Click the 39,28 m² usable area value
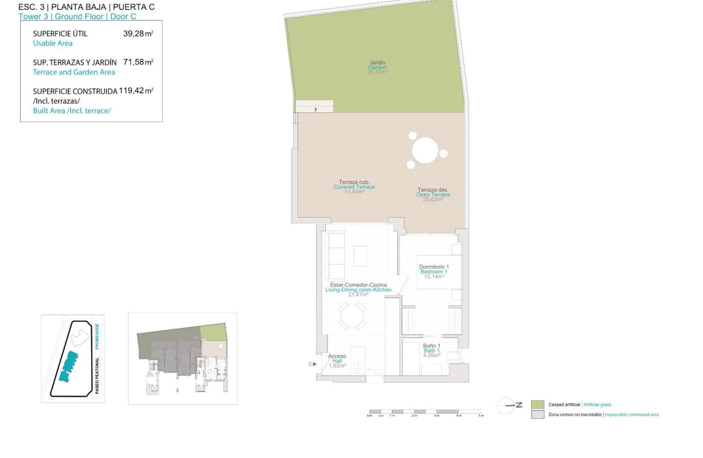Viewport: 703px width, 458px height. click(x=138, y=34)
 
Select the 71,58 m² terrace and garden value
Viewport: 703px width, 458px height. click(x=138, y=62)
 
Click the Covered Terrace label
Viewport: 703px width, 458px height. click(x=354, y=186)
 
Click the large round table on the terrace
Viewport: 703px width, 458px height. click(x=425, y=150)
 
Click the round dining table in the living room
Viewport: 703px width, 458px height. click(x=353, y=316)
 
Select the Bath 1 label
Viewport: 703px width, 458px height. click(x=432, y=350)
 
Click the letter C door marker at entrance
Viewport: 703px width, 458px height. click(x=311, y=364)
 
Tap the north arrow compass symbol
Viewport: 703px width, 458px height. click(x=506, y=405)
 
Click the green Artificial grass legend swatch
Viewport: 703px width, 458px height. click(x=537, y=405)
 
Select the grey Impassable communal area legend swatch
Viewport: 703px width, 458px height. click(x=537, y=414)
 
